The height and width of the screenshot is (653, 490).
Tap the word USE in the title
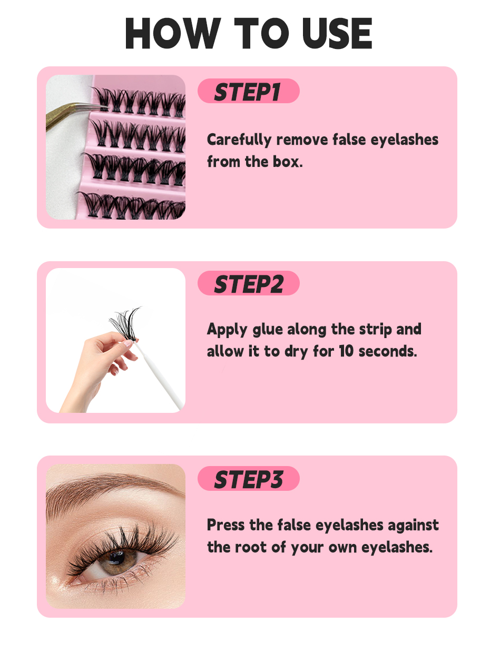(337, 33)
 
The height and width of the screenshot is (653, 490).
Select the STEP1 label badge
(248, 91)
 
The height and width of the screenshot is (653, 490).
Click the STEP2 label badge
(248, 283)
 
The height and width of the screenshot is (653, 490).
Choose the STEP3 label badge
(248, 479)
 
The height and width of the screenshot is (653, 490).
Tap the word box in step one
(288, 162)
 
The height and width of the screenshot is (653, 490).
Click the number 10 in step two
(346, 351)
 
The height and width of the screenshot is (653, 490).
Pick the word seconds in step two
(388, 351)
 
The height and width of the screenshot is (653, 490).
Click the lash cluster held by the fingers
(125, 324)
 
